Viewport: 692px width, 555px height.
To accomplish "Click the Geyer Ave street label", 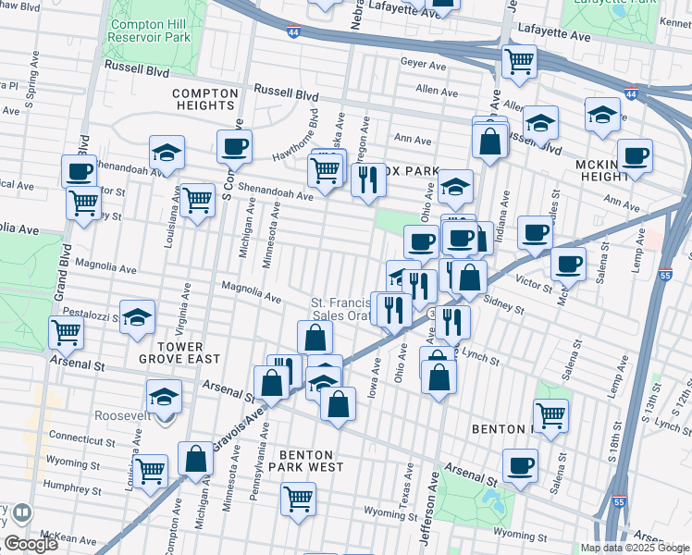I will (416, 63).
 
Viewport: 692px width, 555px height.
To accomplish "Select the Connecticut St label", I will (81, 436).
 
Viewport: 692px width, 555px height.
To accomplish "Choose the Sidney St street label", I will (505, 306).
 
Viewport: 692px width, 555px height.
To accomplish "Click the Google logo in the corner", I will (31, 544).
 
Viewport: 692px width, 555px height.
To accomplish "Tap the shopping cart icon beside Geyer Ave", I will (519, 62).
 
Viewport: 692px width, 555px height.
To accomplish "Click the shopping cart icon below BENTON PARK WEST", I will (299, 499).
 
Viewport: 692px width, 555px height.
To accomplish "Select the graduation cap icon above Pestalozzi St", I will (137, 316).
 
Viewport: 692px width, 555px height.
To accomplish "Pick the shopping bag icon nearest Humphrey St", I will (196, 458).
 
